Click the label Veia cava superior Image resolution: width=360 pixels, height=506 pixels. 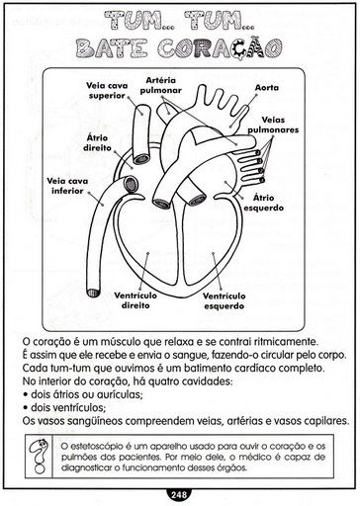click(107, 91)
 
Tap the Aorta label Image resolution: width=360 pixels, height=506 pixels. click(267, 88)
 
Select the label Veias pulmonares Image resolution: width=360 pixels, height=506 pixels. click(273, 125)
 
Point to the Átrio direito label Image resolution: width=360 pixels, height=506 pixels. click(97, 142)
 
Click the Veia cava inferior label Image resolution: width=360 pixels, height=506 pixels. click(67, 186)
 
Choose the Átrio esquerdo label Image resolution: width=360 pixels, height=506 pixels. click(264, 203)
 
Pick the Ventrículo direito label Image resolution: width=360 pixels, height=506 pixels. click(135, 300)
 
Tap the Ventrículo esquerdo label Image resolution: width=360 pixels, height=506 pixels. click(225, 301)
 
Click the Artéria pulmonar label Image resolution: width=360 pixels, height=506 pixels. click(161, 85)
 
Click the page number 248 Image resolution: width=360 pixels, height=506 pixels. click(179, 494)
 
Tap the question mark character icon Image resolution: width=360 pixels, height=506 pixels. click(39, 457)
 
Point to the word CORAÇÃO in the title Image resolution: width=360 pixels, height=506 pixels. click(220, 48)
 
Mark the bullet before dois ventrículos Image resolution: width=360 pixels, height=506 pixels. click(26, 408)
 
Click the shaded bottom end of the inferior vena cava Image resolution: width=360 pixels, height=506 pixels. click(93, 293)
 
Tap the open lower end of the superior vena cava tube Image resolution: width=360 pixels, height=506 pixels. click(141, 159)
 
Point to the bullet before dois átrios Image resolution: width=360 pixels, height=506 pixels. click(26, 394)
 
